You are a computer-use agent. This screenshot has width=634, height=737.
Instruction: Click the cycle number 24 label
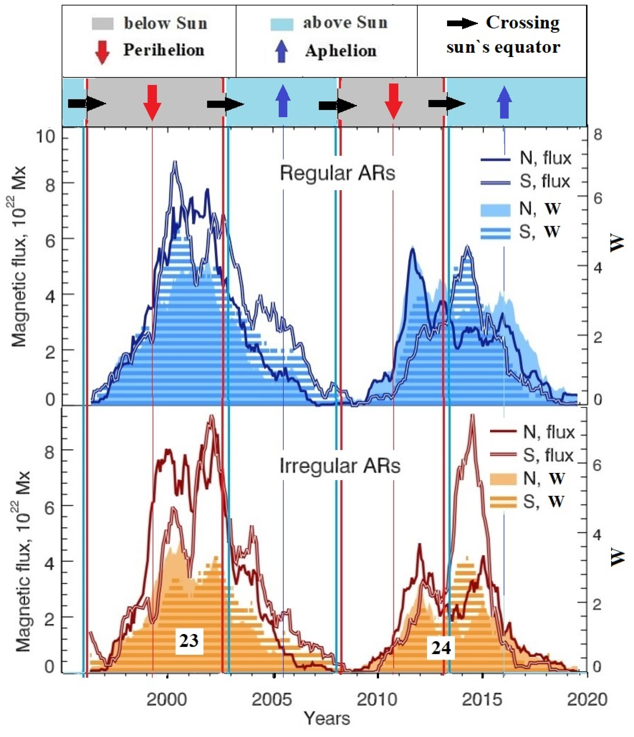click(441, 648)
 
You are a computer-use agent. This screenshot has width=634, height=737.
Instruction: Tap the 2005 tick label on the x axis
click(272, 700)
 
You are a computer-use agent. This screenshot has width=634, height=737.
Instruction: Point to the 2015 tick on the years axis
click(482, 700)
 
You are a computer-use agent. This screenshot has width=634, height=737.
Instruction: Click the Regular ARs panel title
click(337, 174)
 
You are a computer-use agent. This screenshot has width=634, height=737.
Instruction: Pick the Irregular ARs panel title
click(340, 466)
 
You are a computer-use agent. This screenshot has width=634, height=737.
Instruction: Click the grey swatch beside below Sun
click(102, 24)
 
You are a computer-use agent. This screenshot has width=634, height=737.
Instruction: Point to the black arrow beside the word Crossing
click(462, 23)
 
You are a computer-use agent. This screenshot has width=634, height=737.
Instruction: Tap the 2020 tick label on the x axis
click(587, 700)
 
